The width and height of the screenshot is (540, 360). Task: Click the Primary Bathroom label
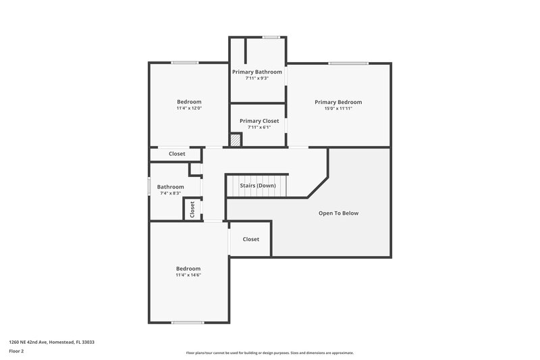(256, 72)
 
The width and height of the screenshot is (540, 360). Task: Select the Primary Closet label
(259, 121)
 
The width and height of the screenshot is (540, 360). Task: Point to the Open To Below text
(338, 213)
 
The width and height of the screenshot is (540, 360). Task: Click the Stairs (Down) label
(258, 185)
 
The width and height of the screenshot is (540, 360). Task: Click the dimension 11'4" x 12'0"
(189, 108)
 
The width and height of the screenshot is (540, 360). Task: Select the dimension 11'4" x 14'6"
(188, 274)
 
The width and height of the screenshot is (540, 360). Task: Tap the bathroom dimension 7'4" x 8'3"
(170, 193)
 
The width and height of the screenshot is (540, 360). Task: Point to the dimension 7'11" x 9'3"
(256, 78)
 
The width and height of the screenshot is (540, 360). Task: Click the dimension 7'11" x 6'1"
(259, 127)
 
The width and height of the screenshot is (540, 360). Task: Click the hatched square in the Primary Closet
(236, 140)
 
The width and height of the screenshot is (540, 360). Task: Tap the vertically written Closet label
(192, 209)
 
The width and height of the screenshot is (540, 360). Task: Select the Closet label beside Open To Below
(250, 239)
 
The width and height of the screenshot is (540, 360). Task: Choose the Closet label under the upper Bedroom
(177, 153)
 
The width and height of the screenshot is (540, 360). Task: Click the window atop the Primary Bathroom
(271, 36)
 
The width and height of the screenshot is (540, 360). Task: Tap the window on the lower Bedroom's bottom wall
(188, 322)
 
